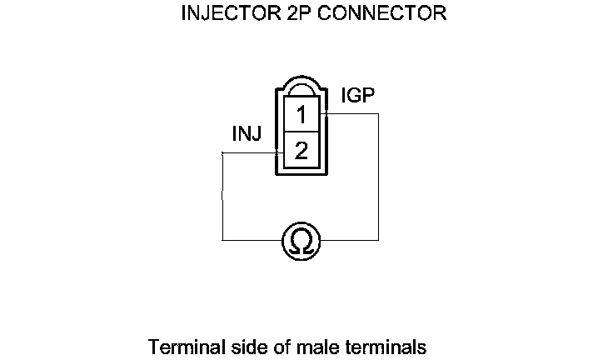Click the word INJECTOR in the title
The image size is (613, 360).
pos(222,14)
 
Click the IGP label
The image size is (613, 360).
pos(357,95)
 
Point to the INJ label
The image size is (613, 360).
pos(248,133)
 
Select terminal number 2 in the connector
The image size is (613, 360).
pos(302,152)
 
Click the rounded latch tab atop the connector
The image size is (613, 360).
pos(302,89)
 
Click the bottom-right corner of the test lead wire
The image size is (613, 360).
pos(379,241)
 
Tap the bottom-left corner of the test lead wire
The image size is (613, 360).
pos(222,241)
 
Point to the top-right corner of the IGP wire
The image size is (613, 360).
pos(379,114)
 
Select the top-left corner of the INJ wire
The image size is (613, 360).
pos(222,153)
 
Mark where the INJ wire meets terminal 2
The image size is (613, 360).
pos(278,153)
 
